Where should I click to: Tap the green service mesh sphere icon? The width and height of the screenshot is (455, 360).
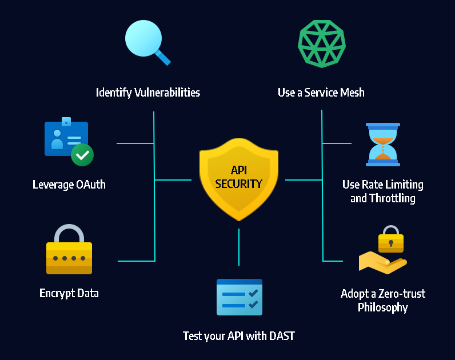tap(322, 44)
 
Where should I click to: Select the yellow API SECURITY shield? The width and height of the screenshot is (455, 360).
tap(239, 178)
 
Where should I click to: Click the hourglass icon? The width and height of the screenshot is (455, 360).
tap(383, 145)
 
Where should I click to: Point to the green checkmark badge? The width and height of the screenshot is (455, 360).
tap(82, 154)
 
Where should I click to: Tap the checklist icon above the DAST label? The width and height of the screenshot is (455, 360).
tap(239, 297)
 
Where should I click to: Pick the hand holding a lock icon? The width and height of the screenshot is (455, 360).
tap(382, 252)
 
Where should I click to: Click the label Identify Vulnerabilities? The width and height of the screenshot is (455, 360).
tap(148, 92)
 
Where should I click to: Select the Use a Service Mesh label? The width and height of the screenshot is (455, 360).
tap(321, 92)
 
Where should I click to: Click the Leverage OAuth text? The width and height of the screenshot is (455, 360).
tap(69, 185)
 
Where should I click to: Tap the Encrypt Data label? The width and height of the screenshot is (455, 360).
tap(69, 293)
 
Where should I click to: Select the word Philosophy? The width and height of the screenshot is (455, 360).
tap(382, 307)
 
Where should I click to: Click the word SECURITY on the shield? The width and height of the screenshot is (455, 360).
tap(239, 184)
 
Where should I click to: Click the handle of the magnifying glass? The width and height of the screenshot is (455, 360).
tap(163, 57)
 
